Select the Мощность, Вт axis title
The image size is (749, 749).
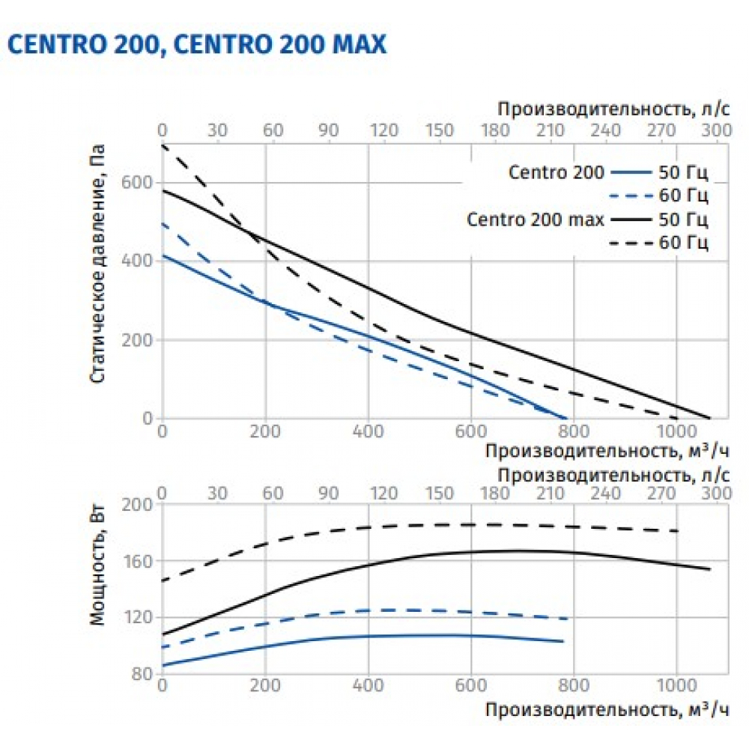click(x=97, y=567)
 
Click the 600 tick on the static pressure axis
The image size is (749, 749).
click(x=142, y=183)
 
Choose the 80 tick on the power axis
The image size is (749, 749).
click(x=145, y=674)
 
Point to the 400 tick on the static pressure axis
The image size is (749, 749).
click(x=142, y=261)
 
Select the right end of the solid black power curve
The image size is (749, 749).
click(x=709, y=569)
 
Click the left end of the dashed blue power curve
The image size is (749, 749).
click(x=163, y=646)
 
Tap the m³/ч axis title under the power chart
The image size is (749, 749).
click(x=605, y=708)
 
